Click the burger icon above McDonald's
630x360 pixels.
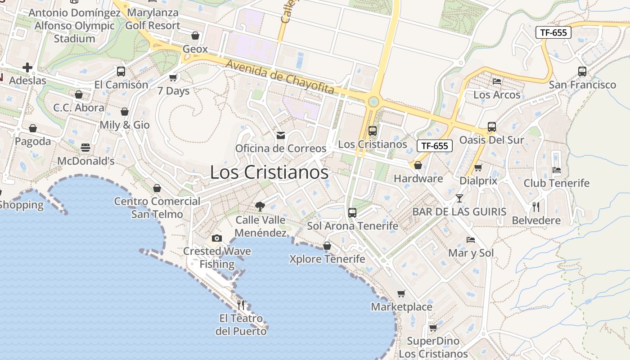click(85, 147)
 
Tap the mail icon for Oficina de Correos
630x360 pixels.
click(281, 135)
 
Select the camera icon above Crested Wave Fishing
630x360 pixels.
click(217, 238)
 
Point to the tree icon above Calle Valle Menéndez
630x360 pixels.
click(260, 207)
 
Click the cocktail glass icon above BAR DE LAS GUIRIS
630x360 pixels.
click(459, 198)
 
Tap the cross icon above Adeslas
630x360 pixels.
click(27, 67)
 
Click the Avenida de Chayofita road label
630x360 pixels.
click(280, 77)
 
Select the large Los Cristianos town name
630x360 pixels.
click(269, 172)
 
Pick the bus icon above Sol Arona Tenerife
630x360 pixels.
click(352, 212)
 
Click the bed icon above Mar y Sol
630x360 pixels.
click(471, 239)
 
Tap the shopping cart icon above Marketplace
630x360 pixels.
click(401, 294)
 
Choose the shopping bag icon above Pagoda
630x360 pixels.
click(33, 128)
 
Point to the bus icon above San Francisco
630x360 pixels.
click(582, 71)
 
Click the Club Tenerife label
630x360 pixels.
click(556, 183)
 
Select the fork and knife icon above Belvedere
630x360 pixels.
click(536, 207)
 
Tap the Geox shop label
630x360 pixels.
click(195, 49)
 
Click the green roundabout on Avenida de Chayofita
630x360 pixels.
click(373, 102)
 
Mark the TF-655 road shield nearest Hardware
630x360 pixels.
click(435, 146)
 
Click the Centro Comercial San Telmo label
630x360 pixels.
click(157, 207)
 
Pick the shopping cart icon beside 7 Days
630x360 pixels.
click(173, 78)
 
